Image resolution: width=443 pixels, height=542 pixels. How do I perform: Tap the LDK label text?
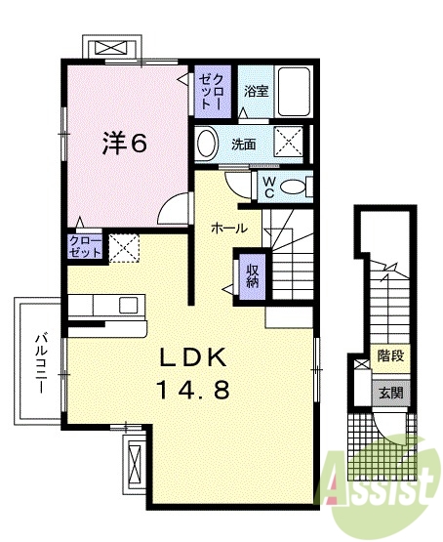tap(193, 357)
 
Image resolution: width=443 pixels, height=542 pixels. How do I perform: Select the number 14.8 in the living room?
tap(193, 390)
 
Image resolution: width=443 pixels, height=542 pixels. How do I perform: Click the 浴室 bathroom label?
tap(257, 91)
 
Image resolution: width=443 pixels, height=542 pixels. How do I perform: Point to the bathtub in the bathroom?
tap(294, 92)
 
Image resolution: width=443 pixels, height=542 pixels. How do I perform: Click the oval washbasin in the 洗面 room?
tap(207, 145)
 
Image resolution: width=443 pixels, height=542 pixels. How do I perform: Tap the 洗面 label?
tap(243, 145)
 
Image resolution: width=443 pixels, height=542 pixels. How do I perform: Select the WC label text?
tap(268, 187)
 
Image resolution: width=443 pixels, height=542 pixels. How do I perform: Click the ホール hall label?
tap(229, 228)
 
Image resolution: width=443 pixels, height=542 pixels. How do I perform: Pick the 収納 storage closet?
tap(253, 277)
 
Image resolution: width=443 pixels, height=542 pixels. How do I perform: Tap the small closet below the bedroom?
tap(85, 247)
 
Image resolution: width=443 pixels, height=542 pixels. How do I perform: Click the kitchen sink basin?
tap(130, 305)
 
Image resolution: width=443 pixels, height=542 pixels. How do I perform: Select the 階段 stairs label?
tap(391, 355)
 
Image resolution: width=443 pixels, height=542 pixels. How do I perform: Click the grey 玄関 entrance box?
tap(391, 393)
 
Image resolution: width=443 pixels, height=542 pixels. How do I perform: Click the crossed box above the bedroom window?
tap(111, 47)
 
